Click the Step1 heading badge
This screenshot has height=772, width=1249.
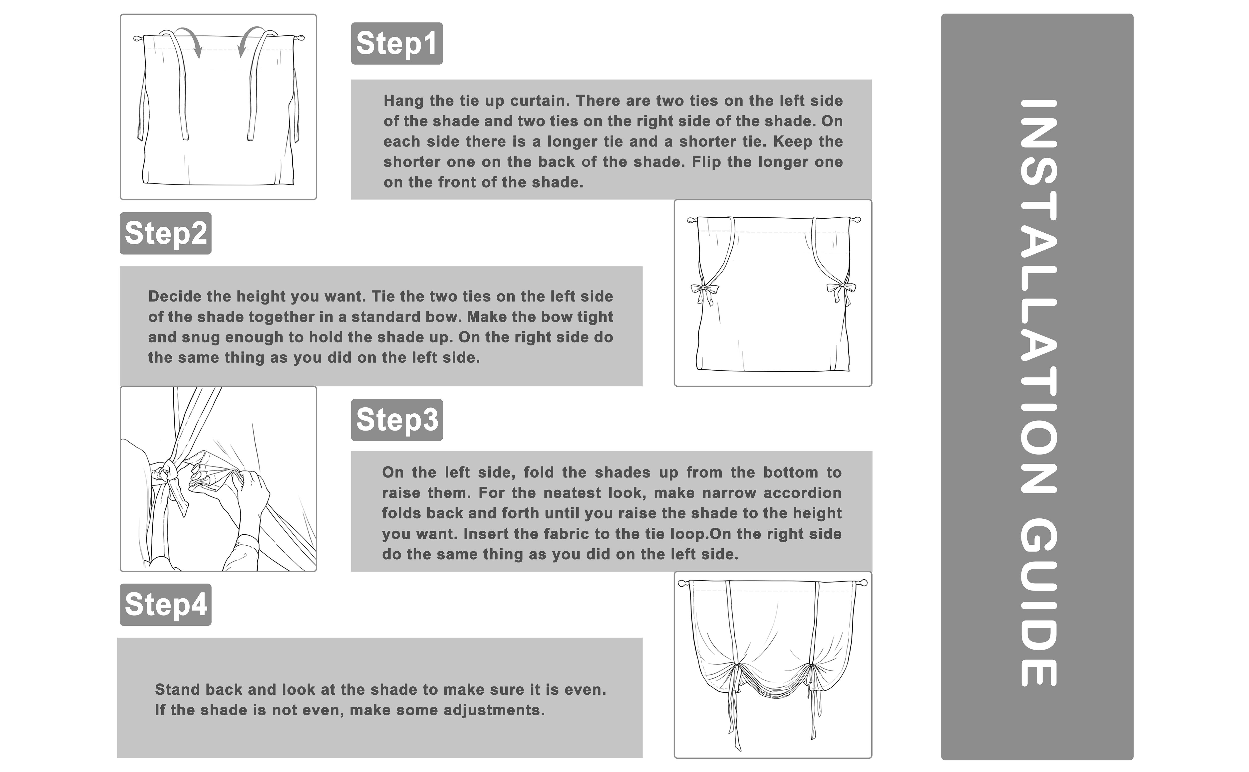point(396,43)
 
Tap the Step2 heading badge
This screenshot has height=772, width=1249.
point(166,233)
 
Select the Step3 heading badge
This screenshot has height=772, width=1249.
point(396,420)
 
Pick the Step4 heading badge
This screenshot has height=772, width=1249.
point(166,605)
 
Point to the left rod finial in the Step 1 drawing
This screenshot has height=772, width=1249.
point(137,38)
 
